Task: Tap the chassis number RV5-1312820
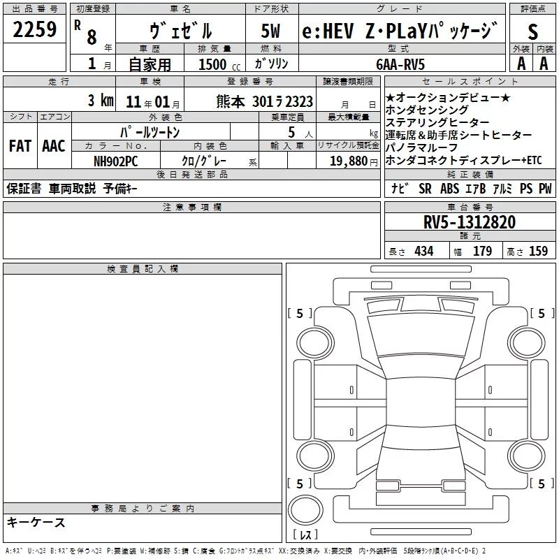[x=470, y=222]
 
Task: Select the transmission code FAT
[x=20, y=146]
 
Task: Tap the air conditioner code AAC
[x=53, y=146]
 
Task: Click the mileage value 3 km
[x=101, y=100]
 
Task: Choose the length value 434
[x=424, y=252]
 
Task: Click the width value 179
[x=482, y=252]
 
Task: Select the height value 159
[x=538, y=252]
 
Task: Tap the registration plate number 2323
[x=296, y=101]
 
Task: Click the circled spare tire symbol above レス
[x=305, y=509]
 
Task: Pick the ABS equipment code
[x=449, y=189]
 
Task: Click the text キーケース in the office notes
[x=36, y=523]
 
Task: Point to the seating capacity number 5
[x=291, y=131]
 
